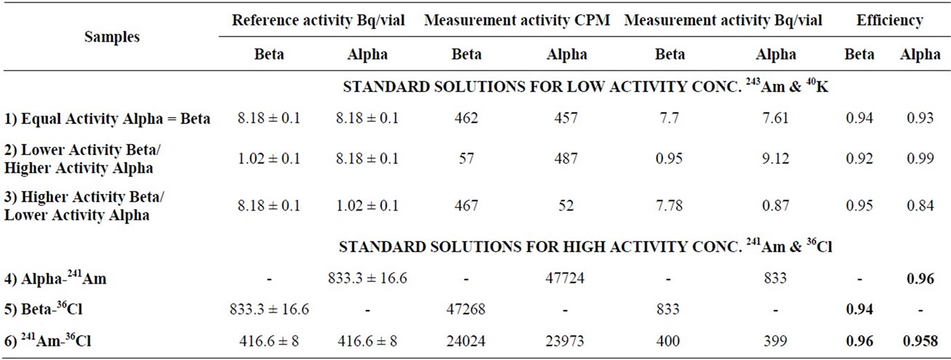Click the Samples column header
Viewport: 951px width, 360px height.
(x=111, y=37)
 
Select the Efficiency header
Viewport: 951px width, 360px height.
(x=889, y=21)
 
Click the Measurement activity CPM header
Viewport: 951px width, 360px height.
(x=518, y=21)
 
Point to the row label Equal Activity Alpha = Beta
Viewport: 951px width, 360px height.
(x=107, y=118)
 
